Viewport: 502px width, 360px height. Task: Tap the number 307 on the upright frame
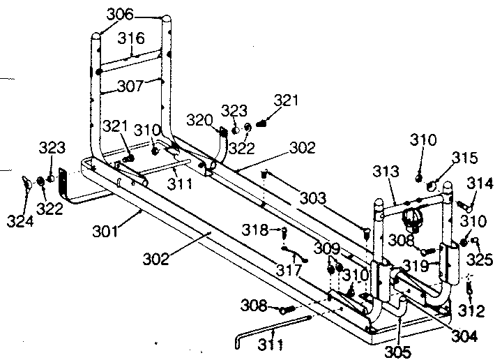pos(132,86)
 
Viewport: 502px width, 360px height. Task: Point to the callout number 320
pos(199,120)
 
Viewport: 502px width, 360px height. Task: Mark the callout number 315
pos(445,159)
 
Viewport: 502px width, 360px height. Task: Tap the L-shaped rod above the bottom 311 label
pos(272,327)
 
